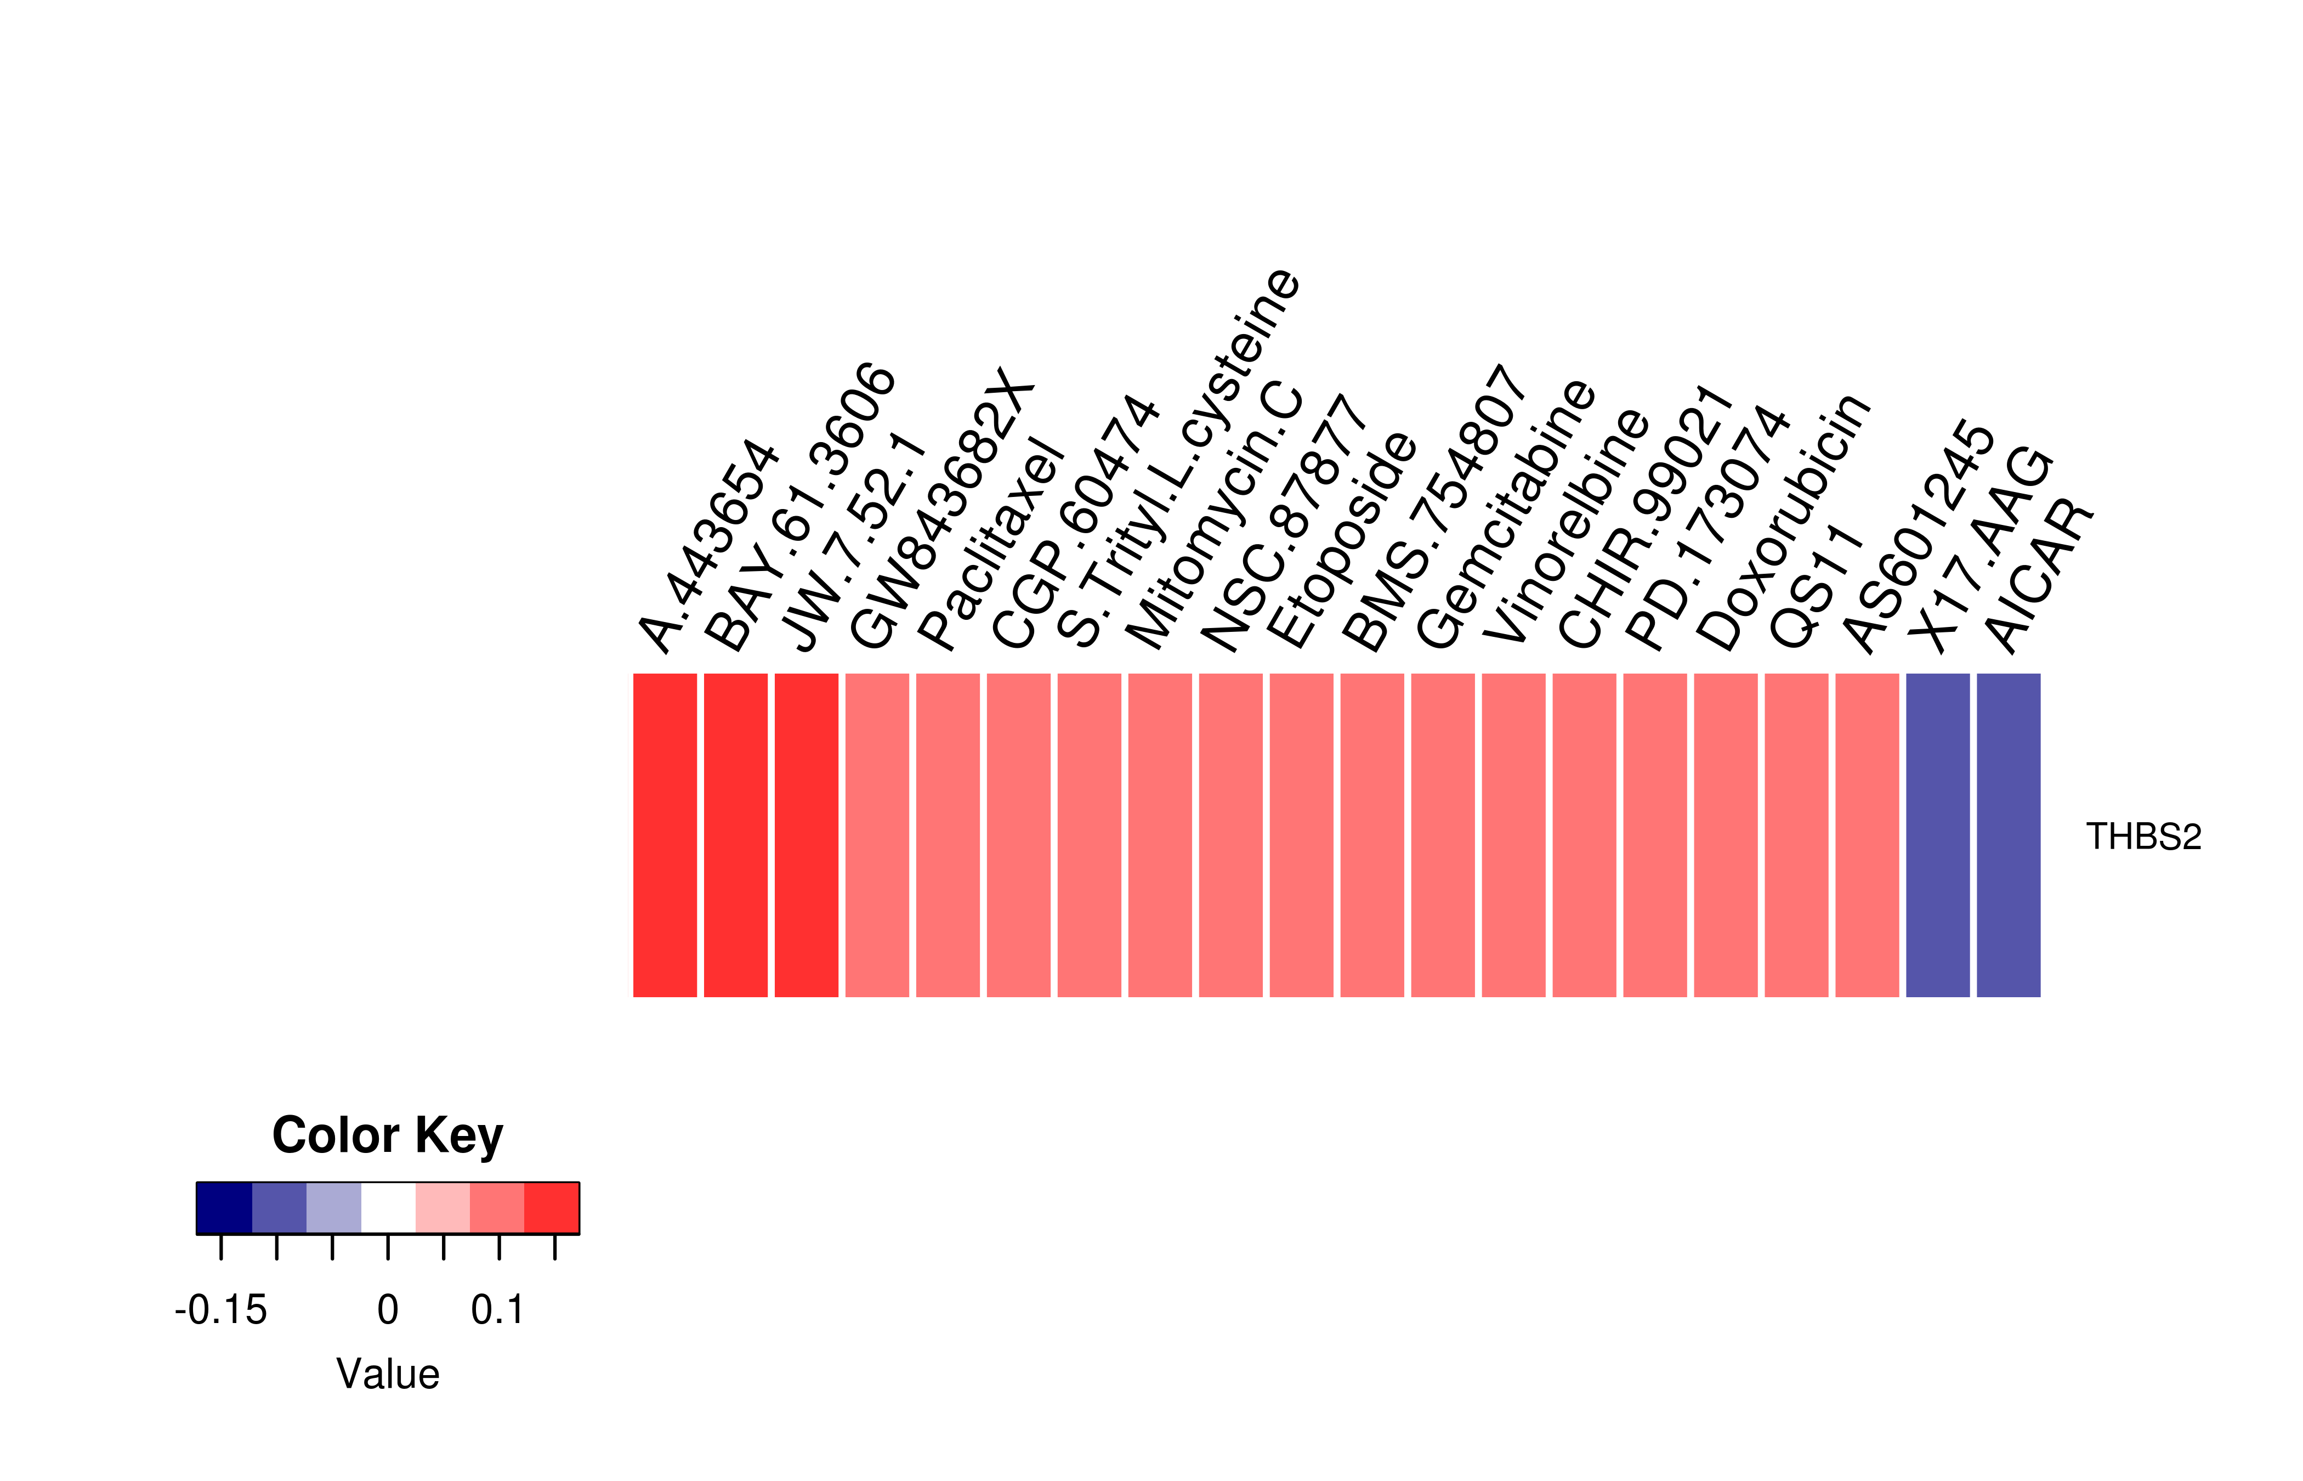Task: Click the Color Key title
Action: coord(387,1136)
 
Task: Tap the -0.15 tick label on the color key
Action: coord(221,1310)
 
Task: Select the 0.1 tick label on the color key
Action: coord(498,1310)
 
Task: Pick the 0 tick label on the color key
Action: coord(387,1310)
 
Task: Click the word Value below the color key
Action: coord(387,1374)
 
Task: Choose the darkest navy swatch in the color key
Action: coord(224,1208)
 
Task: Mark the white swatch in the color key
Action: coord(388,1208)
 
